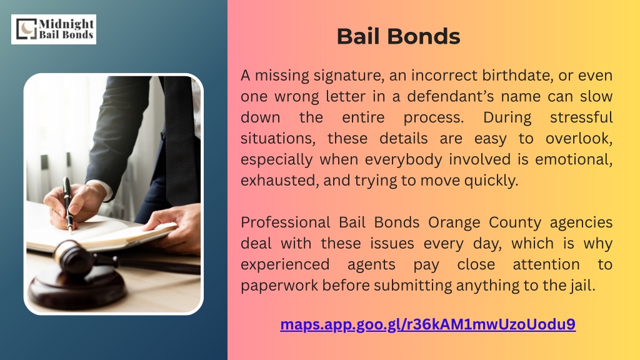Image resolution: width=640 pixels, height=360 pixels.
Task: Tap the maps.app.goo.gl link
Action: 427,324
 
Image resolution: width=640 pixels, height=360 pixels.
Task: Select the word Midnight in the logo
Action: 66,24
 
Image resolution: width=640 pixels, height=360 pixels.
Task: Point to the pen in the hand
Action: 68,205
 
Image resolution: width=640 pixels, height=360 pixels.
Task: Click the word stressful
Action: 581,117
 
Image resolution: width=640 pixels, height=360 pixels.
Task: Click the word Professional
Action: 285,222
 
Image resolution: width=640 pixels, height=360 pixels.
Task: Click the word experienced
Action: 285,265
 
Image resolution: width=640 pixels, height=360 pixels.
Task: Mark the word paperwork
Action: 279,286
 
